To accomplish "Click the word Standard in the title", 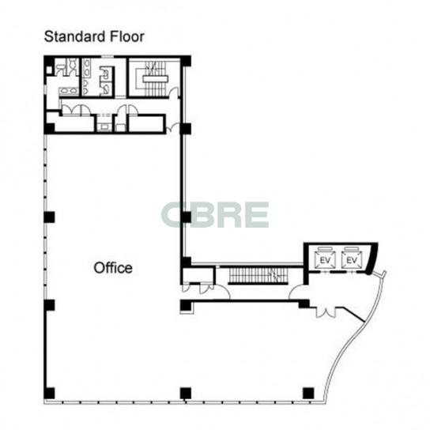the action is click(x=75, y=36).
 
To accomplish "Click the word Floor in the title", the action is click(x=127, y=36).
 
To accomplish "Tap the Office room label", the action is click(x=113, y=268).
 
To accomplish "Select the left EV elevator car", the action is click(x=325, y=259).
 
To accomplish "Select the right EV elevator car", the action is click(x=352, y=259).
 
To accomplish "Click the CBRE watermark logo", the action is click(x=215, y=215).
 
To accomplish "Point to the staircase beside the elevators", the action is click(x=258, y=276).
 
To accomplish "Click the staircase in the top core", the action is click(x=155, y=79).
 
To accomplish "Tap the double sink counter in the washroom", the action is click(x=69, y=91).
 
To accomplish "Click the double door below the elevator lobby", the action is click(x=326, y=312).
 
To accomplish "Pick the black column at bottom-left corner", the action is click(x=49, y=393).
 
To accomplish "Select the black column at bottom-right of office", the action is click(x=308, y=393).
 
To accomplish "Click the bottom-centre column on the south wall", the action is click(x=186, y=393).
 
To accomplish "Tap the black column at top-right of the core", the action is click(x=186, y=61).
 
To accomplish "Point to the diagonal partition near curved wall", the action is click(x=354, y=315).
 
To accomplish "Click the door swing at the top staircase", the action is click(x=174, y=92).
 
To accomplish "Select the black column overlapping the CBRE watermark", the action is click(x=186, y=217).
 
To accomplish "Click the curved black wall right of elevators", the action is click(x=372, y=258).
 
